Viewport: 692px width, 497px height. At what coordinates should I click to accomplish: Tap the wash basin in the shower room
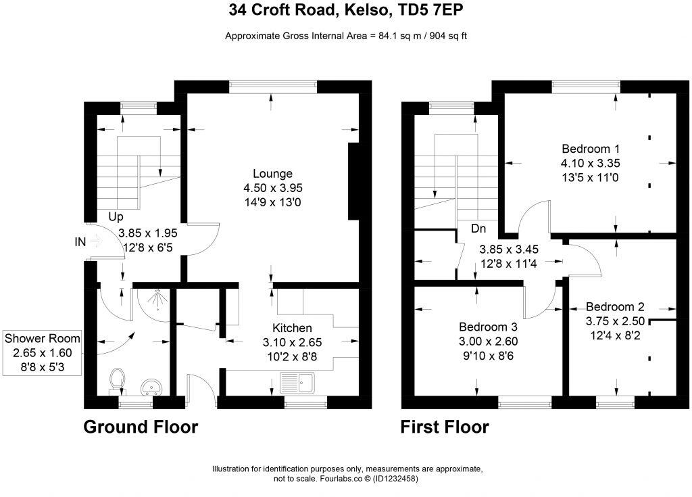click(x=151, y=387)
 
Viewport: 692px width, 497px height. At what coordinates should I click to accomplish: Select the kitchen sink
click(x=298, y=382)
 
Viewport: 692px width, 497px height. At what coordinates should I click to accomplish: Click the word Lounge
click(x=272, y=173)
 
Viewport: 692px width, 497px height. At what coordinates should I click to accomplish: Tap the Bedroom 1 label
click(x=591, y=149)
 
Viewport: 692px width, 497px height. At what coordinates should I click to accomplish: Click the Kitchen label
click(x=293, y=328)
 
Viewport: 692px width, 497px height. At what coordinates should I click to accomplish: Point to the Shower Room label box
click(x=42, y=351)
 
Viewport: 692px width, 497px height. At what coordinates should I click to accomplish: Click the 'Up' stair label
click(x=116, y=217)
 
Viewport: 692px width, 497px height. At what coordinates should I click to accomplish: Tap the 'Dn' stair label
click(x=479, y=229)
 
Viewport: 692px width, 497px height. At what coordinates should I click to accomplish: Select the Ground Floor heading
click(x=141, y=427)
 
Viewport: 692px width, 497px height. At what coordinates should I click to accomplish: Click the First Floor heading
click(x=445, y=427)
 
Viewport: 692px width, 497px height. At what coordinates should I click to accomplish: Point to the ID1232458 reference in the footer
click(x=391, y=479)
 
